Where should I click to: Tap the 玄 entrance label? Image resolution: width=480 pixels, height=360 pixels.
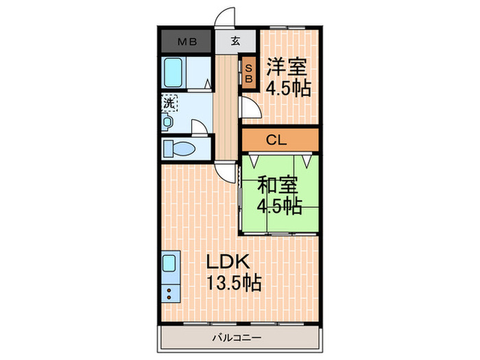(x=235, y=40)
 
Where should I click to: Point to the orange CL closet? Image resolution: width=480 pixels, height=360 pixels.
(x=276, y=141)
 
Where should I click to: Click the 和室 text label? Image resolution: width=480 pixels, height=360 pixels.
(x=278, y=184)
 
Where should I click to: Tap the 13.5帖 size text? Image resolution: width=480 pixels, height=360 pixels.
(x=233, y=282)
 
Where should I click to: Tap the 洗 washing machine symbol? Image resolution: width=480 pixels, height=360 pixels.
(x=169, y=103)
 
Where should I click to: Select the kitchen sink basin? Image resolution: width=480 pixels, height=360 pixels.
(x=170, y=263)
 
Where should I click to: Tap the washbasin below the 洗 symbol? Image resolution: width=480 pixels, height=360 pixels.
(x=167, y=121)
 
